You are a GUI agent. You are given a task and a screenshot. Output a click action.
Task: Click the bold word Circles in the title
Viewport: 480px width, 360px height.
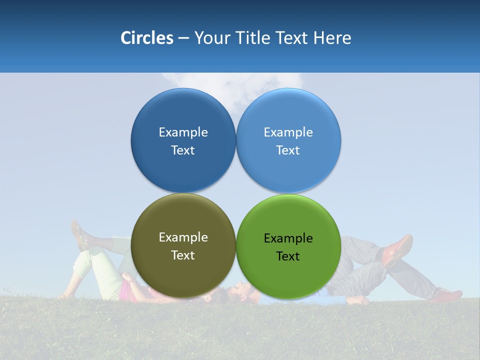(146, 38)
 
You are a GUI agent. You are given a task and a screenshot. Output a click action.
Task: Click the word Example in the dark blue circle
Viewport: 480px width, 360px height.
(183, 132)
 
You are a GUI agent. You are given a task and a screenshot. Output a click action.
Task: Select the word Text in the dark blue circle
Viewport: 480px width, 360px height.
(183, 150)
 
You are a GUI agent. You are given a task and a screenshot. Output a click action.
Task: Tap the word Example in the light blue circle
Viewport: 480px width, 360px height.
(288, 132)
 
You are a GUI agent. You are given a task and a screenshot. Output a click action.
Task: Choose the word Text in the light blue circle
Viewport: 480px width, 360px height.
(288, 150)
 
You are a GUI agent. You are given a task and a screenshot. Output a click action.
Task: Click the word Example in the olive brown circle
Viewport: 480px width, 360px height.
(183, 237)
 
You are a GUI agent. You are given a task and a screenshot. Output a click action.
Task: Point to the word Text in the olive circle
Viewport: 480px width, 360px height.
(183, 255)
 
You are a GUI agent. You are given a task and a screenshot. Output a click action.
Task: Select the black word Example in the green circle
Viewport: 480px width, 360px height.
(288, 238)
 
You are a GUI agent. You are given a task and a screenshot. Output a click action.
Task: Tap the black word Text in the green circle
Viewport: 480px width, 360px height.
(288, 256)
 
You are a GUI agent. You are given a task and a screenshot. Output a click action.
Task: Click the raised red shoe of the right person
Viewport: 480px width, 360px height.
(398, 248)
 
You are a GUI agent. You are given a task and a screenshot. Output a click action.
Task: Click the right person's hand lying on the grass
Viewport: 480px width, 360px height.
(359, 300)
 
